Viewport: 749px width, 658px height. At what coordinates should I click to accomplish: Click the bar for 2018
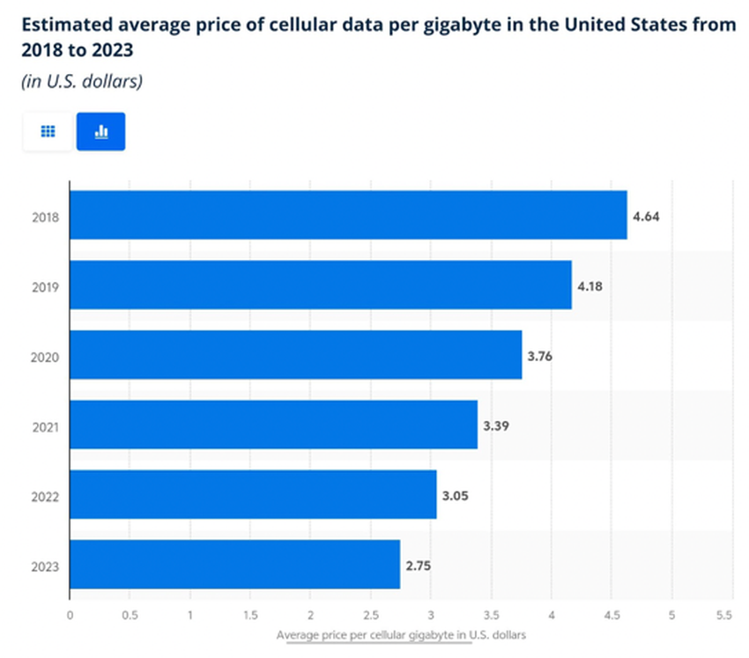348,215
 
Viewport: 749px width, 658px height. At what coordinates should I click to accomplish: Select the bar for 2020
295,354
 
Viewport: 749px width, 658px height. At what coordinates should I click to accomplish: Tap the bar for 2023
234,564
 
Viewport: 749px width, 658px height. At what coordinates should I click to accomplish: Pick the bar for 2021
273,425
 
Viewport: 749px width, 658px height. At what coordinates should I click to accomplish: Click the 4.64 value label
646,215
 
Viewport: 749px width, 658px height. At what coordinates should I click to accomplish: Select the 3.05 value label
455,495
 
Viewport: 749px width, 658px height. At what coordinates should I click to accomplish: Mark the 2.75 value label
419,565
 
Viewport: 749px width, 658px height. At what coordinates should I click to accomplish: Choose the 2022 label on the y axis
44,495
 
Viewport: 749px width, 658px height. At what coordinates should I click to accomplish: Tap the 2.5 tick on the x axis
371,614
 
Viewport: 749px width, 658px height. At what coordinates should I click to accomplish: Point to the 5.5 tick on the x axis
725,614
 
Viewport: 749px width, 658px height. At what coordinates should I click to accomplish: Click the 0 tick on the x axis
70,614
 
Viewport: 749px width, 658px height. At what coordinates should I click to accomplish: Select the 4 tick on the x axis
552,614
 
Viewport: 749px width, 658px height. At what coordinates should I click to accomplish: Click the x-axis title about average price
401,634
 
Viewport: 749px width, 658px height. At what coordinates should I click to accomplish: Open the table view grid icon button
48,131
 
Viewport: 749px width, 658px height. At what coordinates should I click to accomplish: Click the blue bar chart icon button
100,131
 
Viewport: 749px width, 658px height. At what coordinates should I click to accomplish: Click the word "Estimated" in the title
64,24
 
